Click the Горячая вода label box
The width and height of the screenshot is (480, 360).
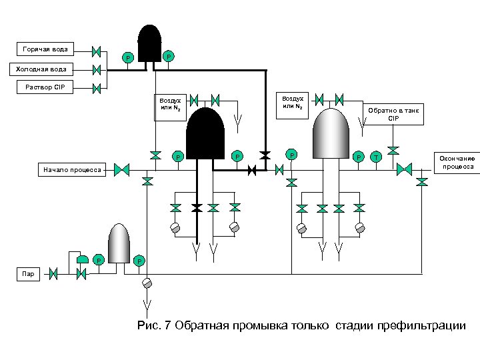[45, 49]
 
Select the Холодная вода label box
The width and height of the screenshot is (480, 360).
[41, 69]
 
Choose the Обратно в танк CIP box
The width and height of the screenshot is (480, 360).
[393, 114]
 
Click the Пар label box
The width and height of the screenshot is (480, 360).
[27, 273]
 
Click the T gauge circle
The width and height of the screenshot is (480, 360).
[376, 157]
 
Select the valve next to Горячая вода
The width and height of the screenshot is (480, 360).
[96, 51]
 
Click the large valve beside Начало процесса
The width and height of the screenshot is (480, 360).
[121, 170]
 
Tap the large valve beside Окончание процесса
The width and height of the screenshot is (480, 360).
[404, 169]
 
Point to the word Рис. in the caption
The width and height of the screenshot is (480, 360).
[147, 325]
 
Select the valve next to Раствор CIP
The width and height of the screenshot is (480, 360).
[96, 87]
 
